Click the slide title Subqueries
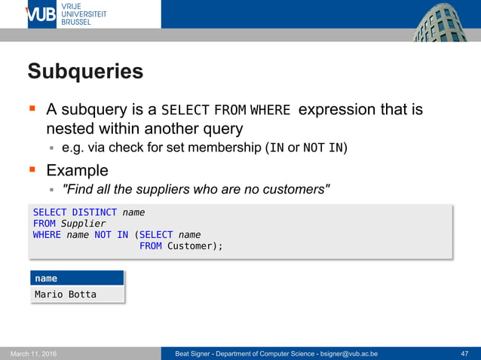pyautogui.click(x=85, y=72)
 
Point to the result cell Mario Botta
pyautogui.click(x=66, y=294)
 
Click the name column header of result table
pyautogui.click(x=46, y=279)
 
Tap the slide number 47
pyautogui.click(x=464, y=354)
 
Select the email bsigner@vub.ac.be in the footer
pyautogui.click(x=348, y=354)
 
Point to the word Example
pyautogui.click(x=77, y=170)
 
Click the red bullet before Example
pyautogui.click(x=33, y=169)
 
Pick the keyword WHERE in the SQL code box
pyautogui.click(x=47, y=235)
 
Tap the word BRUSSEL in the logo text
pyautogui.click(x=75, y=23)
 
